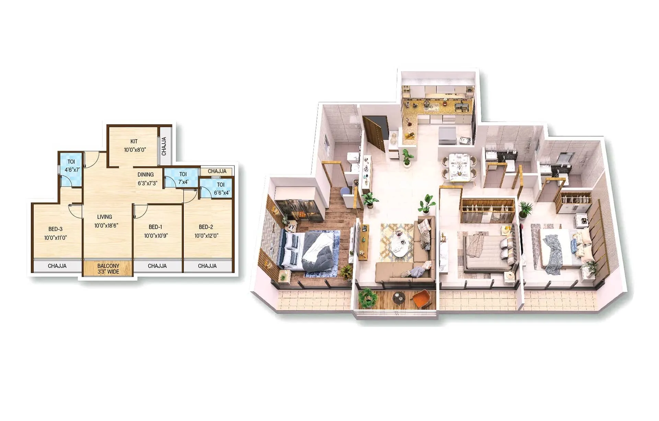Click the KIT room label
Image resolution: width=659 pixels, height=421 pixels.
134,141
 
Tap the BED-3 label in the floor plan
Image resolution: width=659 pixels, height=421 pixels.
55,229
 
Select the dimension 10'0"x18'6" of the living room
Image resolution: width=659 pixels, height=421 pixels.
106,226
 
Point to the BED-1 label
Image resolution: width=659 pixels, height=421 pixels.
155,227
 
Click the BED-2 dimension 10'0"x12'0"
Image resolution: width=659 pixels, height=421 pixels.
206,236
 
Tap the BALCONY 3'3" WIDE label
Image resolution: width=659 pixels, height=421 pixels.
108,269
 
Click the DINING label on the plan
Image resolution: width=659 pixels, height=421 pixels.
146,175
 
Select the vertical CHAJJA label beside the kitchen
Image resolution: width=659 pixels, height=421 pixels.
164,146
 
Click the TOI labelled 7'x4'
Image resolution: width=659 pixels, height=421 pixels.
183,178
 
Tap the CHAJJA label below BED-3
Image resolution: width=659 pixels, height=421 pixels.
57,266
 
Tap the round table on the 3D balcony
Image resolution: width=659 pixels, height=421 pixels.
398,297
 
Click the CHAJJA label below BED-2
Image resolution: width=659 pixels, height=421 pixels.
207,266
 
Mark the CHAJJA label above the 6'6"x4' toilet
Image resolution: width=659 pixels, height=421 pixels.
217,171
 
